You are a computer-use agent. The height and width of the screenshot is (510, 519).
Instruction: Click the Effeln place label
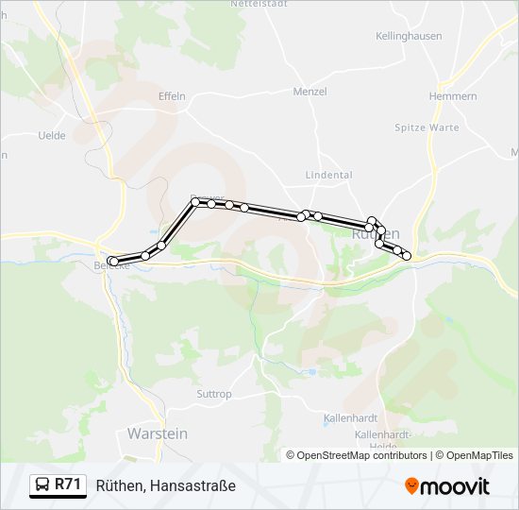pos(172,96)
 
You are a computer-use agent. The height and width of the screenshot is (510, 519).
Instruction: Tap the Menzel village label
pos(310,92)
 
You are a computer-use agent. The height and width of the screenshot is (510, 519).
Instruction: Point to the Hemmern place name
pos(452,96)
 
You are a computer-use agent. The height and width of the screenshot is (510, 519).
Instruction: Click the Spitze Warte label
pos(427,127)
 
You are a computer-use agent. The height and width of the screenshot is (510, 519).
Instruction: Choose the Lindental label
pos(328,175)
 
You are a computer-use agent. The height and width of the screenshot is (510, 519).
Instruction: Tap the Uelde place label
pos(52,135)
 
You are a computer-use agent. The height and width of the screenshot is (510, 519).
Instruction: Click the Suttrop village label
pos(214,394)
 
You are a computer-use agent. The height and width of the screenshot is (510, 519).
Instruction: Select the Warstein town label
pos(158,433)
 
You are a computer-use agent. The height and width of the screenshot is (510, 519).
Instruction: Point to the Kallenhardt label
pos(350,416)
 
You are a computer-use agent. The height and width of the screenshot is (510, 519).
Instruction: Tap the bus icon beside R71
pos(42,485)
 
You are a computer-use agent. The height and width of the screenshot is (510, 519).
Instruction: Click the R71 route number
pos(68,485)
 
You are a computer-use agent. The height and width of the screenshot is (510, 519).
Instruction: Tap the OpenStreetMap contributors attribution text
pos(357,455)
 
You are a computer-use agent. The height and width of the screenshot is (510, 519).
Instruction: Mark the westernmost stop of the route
pos(112,261)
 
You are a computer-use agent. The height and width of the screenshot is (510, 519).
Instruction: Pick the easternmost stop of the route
pos(407,255)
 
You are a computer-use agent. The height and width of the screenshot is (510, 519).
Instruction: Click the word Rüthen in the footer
pos(119,485)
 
